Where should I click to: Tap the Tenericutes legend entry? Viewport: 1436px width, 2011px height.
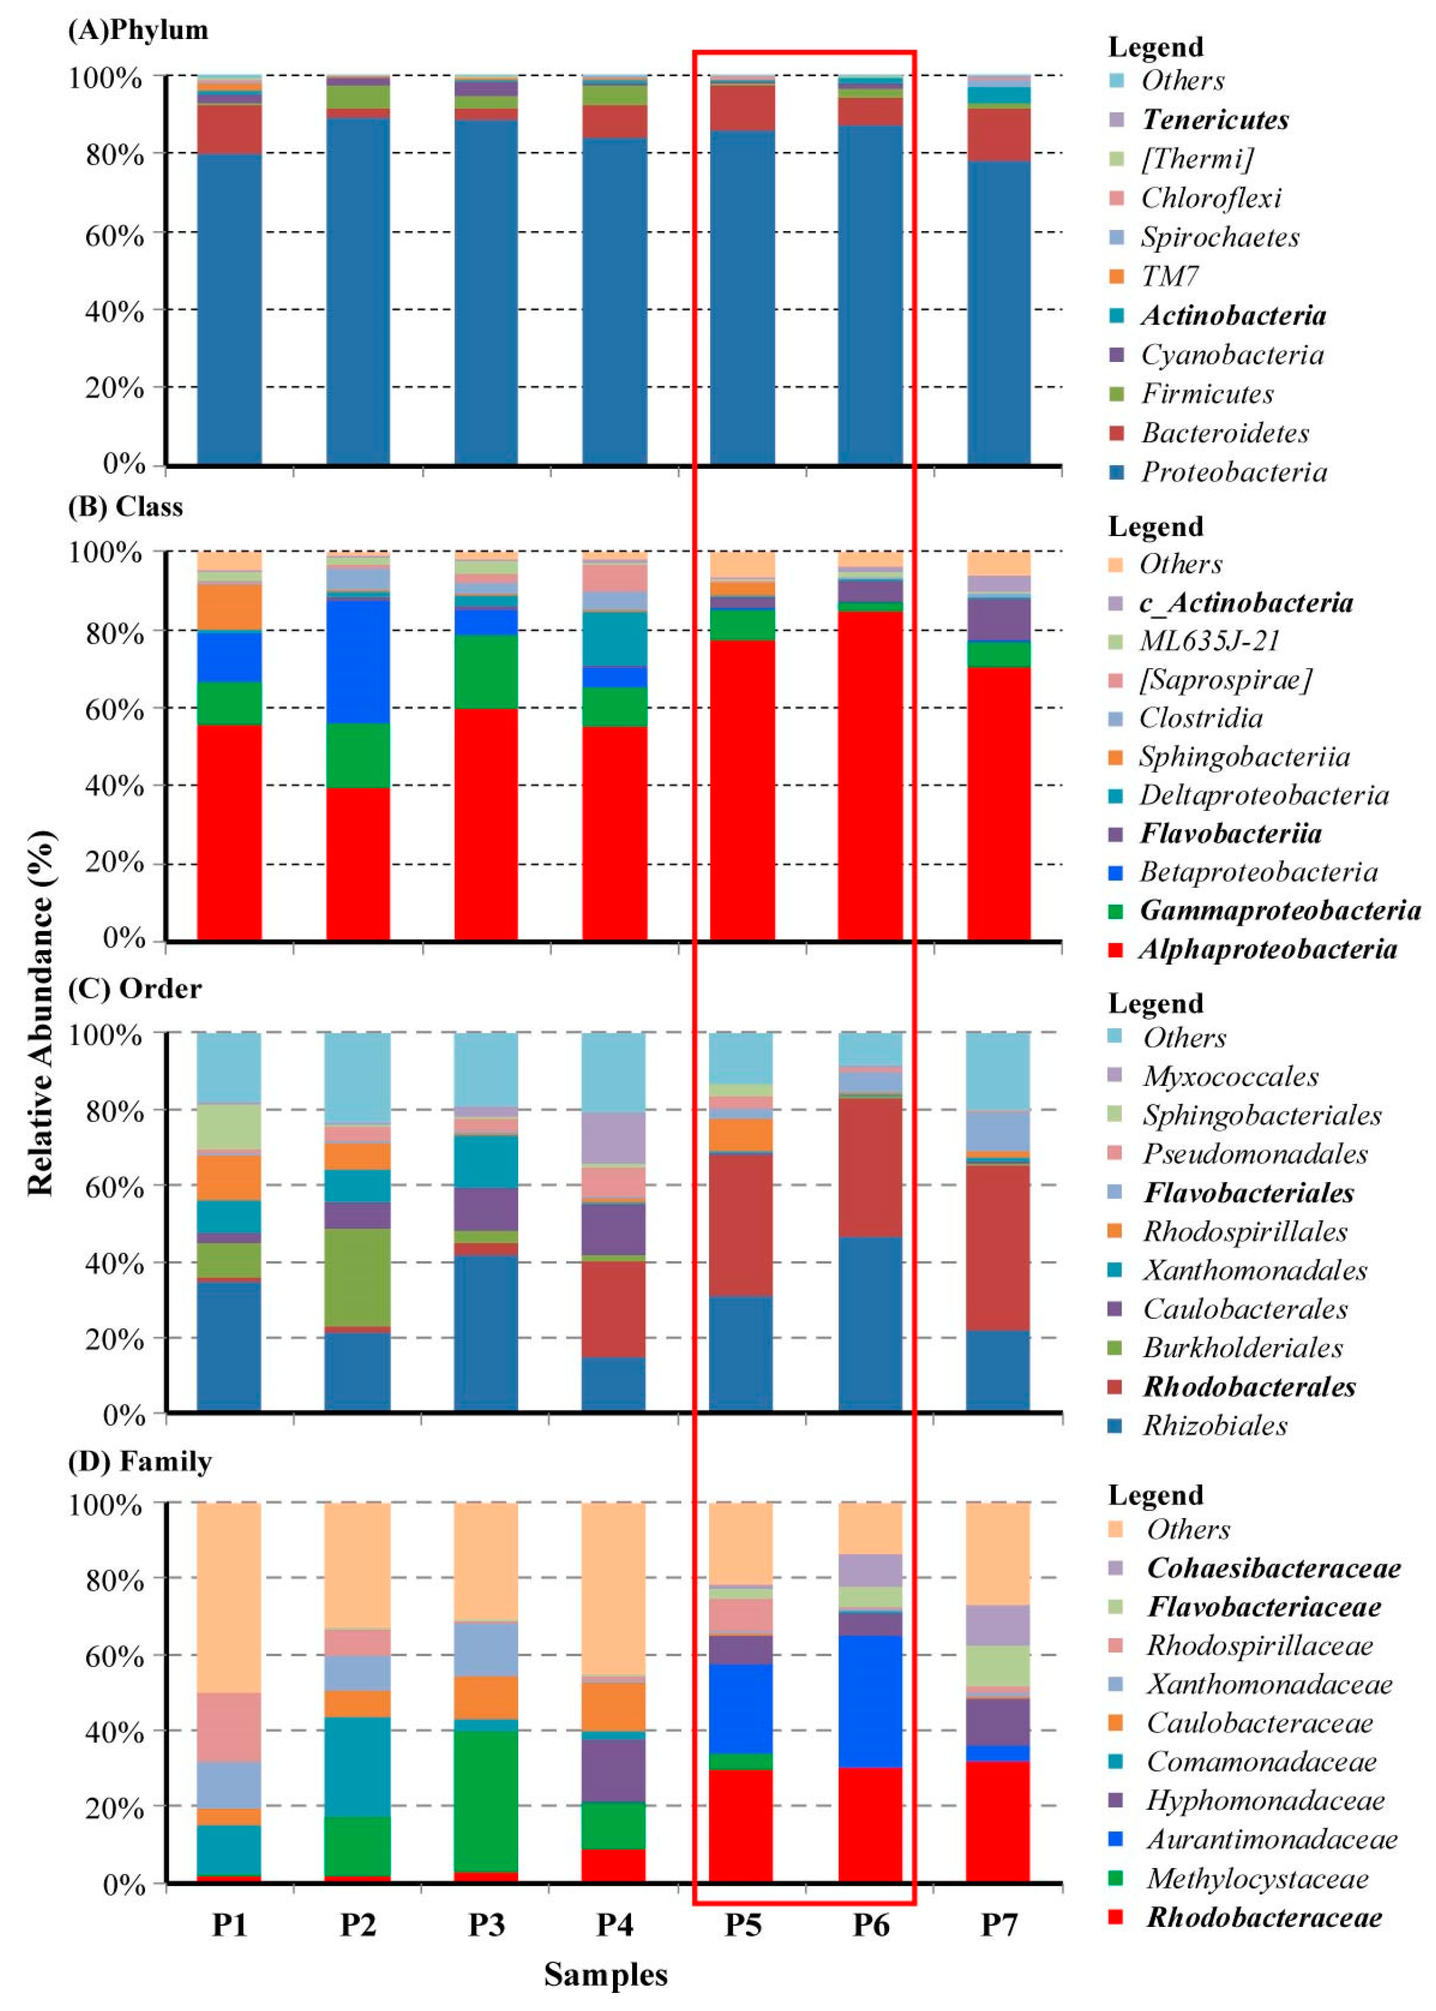1215,119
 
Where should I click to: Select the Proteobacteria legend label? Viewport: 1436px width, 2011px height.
1233,472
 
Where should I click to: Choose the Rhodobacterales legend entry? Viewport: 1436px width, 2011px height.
1249,1386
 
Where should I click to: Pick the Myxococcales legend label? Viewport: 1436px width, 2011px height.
1230,1077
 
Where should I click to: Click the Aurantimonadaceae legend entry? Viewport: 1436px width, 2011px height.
1272,1839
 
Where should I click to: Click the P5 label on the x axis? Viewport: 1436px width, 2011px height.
743,1924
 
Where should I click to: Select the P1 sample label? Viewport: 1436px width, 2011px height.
229,1924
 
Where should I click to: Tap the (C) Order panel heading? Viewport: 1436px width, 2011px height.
134,988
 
